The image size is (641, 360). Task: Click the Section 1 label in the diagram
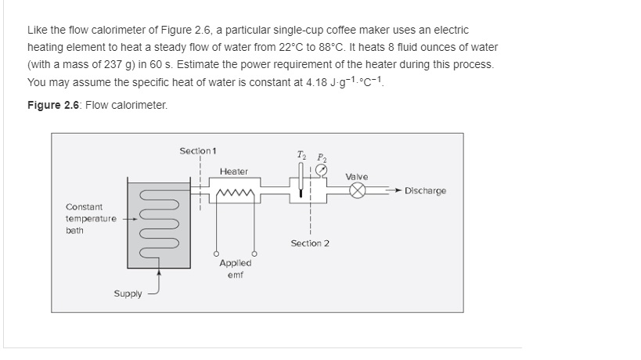[x=198, y=150]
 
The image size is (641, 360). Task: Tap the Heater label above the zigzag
[x=233, y=171]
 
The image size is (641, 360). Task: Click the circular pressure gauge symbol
[x=320, y=170]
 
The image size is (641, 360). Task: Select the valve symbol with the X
[x=358, y=191]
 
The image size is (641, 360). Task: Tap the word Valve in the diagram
[x=356, y=177]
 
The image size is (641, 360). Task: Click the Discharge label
[x=425, y=191]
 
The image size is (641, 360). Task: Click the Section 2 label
[x=310, y=243]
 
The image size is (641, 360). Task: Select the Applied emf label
[x=235, y=268]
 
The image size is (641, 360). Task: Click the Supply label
[x=128, y=294]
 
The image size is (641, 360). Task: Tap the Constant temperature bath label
[x=91, y=218]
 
